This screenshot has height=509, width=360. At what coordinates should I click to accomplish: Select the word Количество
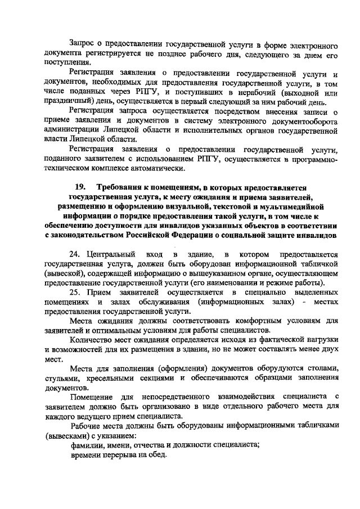coord(92,341)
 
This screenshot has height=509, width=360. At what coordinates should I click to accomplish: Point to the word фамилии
coord(85,445)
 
